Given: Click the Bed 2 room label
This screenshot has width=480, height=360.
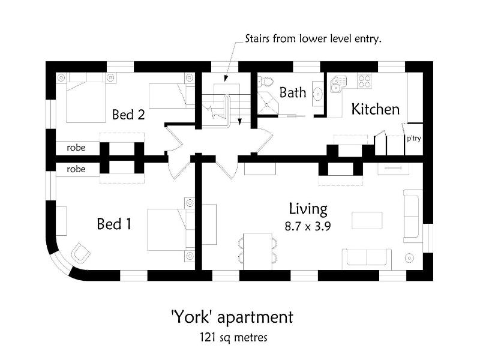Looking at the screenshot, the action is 128,115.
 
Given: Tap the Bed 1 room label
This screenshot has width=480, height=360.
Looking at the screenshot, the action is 114,224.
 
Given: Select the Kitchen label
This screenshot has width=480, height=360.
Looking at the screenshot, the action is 376,109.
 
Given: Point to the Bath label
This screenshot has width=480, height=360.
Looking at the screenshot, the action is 293,92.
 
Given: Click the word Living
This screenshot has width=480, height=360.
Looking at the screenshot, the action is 308,209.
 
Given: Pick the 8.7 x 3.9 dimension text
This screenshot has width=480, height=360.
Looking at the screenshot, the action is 308,227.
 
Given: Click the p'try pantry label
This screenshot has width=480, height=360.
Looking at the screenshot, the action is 414,139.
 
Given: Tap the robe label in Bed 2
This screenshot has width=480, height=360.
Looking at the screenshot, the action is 76,148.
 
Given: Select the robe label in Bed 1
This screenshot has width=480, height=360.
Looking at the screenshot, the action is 76,169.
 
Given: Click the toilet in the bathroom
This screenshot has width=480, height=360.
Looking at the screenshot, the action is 266,82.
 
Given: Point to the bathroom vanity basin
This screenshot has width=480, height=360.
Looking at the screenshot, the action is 318,94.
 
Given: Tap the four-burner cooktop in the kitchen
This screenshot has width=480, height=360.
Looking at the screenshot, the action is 364,81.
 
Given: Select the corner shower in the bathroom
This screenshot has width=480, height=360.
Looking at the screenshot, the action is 268,103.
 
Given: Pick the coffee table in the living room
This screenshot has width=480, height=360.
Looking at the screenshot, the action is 367,220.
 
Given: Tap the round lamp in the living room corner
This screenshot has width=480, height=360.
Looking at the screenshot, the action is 409,258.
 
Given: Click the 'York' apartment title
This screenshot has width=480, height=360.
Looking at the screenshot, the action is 232,317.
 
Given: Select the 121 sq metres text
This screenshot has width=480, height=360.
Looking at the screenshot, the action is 233,337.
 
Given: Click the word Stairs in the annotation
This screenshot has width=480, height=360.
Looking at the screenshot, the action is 257,39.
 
